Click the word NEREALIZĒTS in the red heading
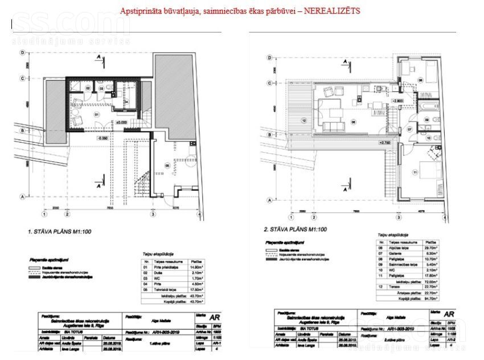[x=333, y=11]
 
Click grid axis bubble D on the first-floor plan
[x=22, y=52]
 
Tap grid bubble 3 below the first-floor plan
[x=153, y=214]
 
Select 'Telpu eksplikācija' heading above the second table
[x=393, y=234]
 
